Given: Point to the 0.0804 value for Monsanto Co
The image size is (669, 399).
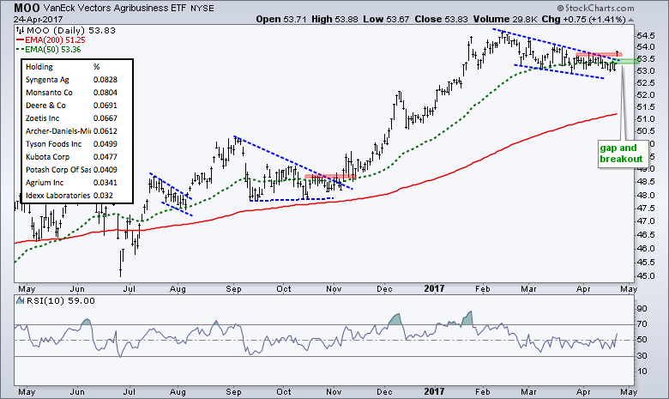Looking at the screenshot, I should (105, 92).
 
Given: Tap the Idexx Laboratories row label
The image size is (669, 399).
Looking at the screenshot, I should (57, 195).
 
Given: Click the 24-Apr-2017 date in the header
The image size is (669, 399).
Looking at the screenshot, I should (32, 19).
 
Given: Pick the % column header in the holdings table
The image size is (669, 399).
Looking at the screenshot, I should (97, 66).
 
